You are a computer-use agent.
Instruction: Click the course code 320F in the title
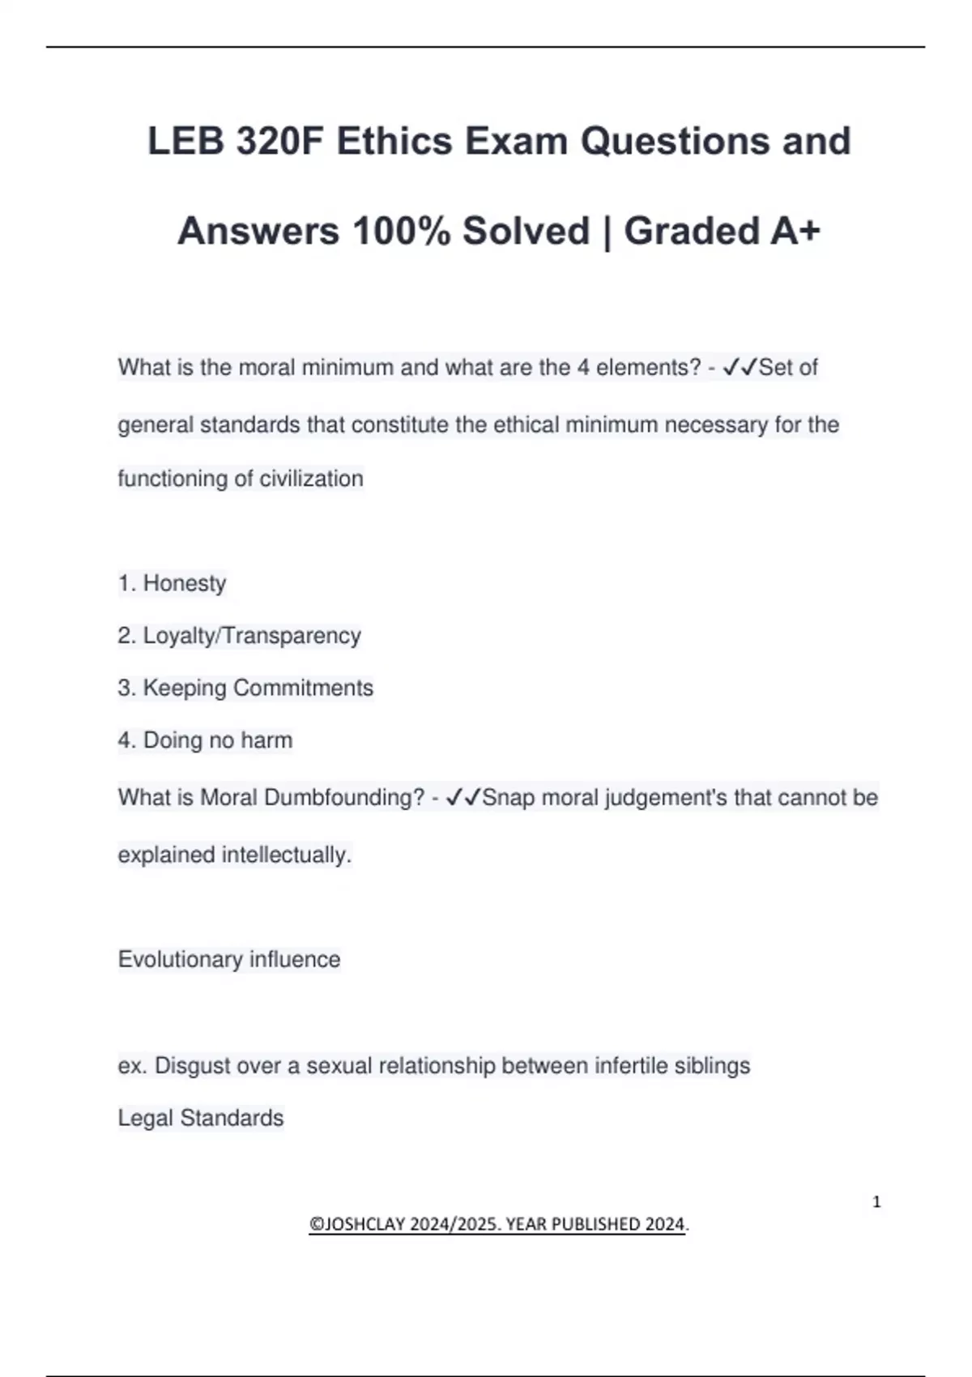point(280,142)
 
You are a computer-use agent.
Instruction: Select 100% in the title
point(401,232)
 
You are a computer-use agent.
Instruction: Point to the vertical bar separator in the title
point(607,232)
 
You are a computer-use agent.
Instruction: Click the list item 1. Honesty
point(172,583)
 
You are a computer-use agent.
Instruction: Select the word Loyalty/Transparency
point(252,636)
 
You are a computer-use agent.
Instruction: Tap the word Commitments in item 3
point(303,688)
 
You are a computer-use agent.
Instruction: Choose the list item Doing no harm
point(217,740)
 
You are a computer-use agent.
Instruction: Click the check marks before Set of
point(739,368)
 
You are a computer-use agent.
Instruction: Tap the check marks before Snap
point(463,798)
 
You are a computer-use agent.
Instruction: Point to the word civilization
point(311,479)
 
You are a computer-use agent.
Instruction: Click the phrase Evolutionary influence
point(229,960)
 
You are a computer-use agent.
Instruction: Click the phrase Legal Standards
point(201,1119)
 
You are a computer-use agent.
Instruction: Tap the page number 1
point(876,1202)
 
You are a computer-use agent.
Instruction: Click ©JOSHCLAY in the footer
point(356,1224)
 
